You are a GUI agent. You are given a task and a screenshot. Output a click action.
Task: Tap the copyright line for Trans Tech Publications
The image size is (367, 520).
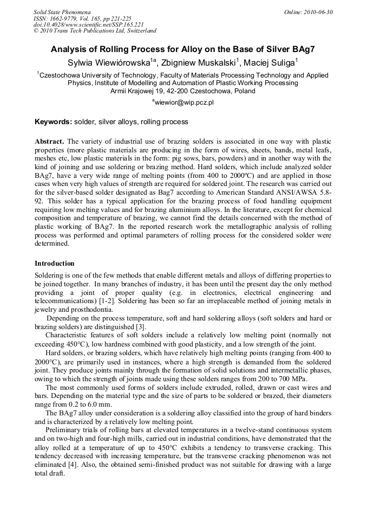click(95, 31)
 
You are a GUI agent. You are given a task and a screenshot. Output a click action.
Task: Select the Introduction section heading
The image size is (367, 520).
click(55, 264)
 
